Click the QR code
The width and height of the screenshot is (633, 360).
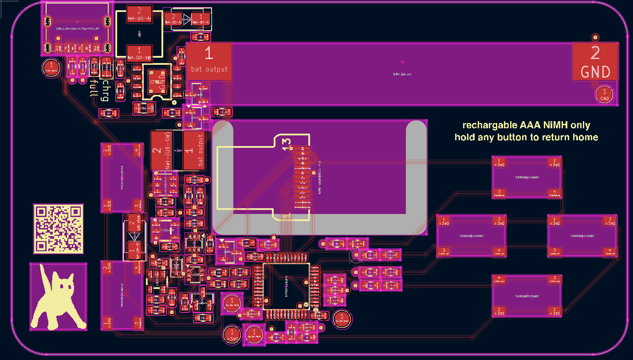(58, 229)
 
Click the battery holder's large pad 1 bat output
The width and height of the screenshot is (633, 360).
(209, 61)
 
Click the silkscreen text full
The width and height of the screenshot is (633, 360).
(93, 88)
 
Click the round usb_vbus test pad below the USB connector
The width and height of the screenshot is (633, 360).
(51, 68)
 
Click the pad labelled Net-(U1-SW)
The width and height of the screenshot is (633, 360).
(139, 53)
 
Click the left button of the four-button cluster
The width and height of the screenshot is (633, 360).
(471, 236)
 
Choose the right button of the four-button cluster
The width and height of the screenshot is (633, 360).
(582, 236)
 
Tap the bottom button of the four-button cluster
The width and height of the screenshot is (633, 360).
(527, 296)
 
